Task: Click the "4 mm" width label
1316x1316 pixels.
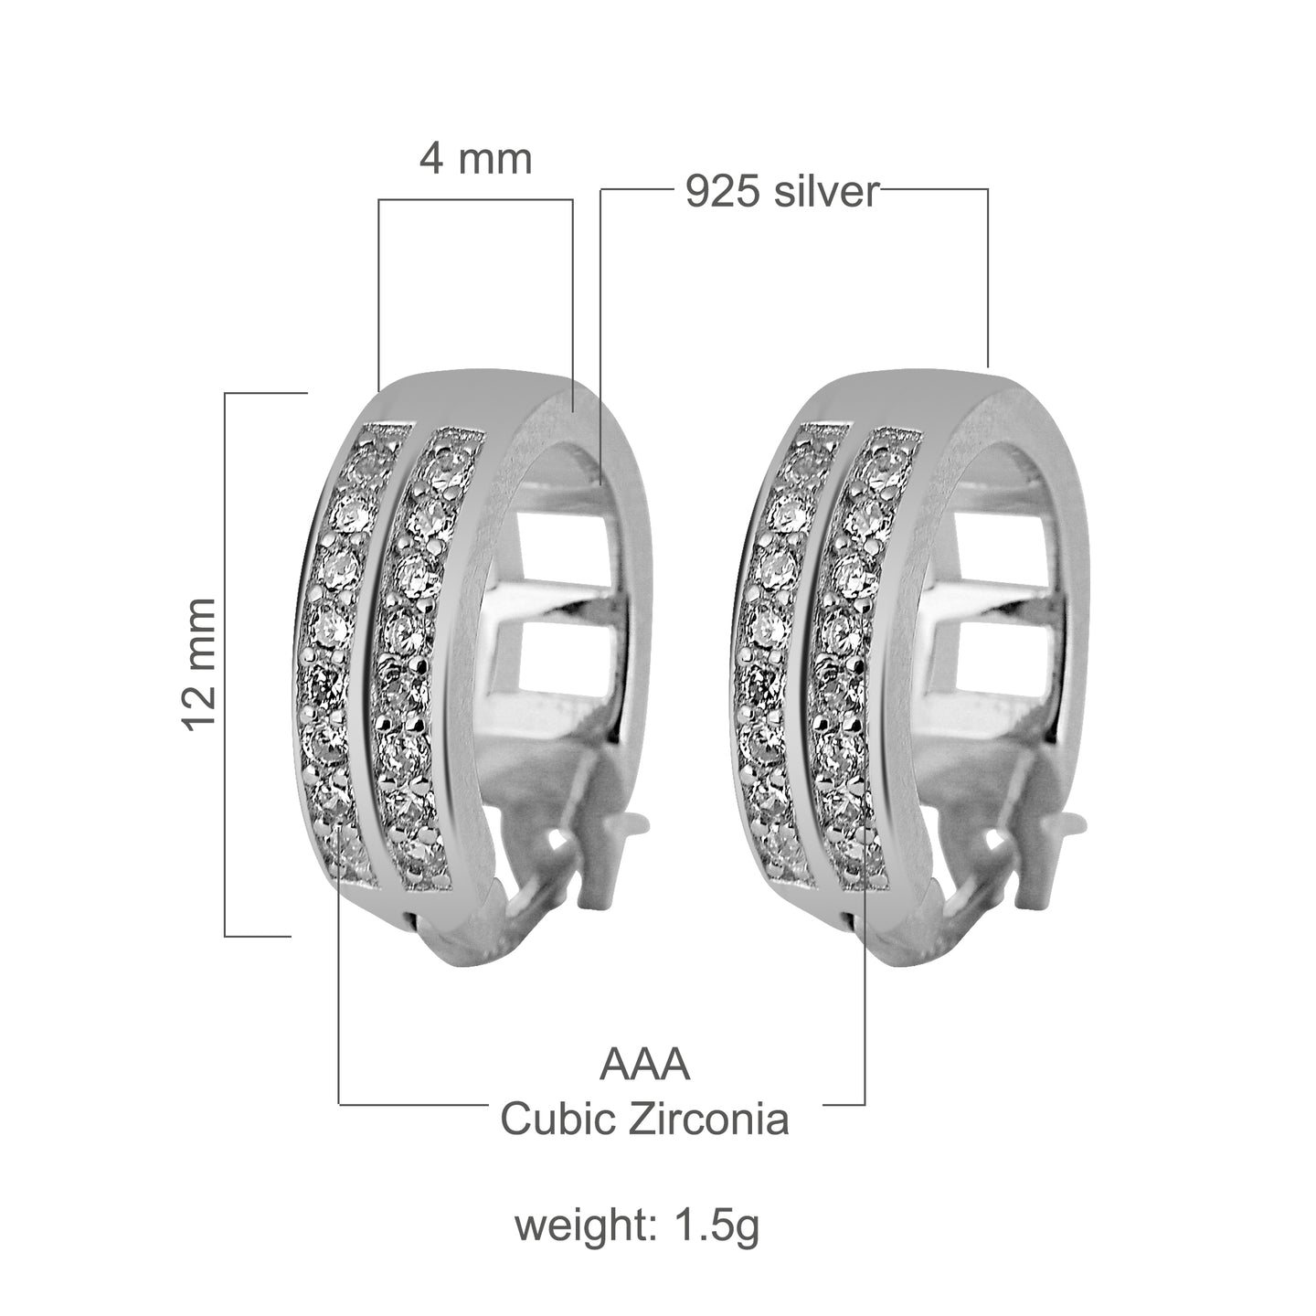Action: point(475,160)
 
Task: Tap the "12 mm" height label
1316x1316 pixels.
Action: point(201,663)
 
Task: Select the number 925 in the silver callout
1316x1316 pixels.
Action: point(722,193)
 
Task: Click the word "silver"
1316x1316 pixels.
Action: point(826,193)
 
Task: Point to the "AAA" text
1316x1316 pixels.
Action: point(644,1066)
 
